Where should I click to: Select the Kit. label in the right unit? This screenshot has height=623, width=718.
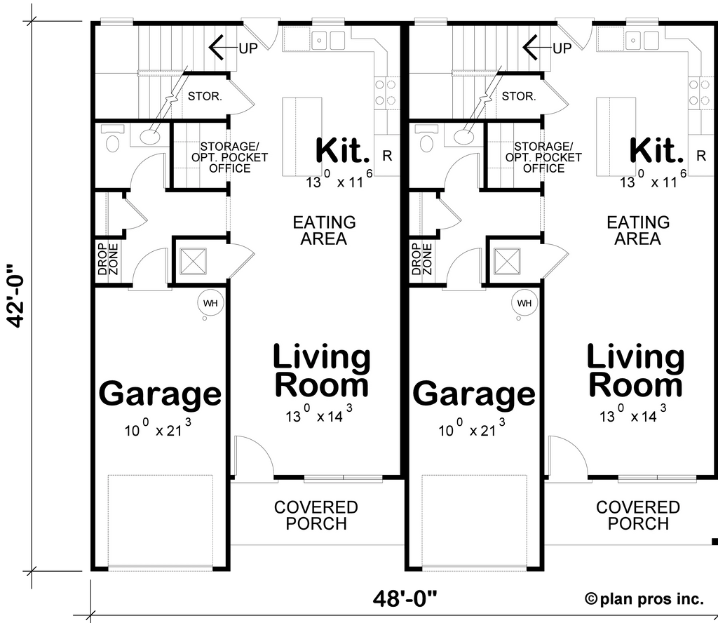(657, 150)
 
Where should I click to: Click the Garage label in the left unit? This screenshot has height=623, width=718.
(161, 394)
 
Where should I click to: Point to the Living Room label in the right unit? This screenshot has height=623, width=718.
(635, 371)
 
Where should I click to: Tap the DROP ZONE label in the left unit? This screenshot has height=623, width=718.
(107, 260)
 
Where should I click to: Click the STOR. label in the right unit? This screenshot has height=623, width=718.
(519, 96)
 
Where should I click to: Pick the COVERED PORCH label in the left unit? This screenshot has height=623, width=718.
(316, 515)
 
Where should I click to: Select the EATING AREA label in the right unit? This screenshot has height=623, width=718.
(638, 230)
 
